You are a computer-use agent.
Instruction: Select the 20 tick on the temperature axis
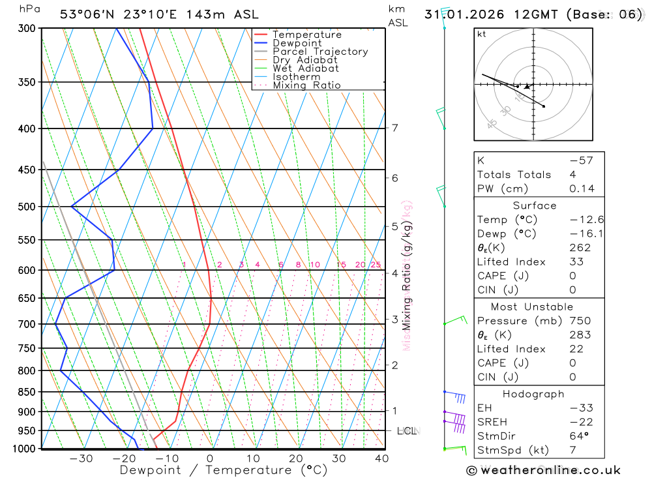pyautogui.click(x=296, y=458)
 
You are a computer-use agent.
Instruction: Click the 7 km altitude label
pyautogui.click(x=394, y=128)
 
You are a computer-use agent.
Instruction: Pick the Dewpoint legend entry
pyautogui.click(x=297, y=43)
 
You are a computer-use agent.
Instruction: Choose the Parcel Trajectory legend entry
pyautogui.click(x=320, y=52)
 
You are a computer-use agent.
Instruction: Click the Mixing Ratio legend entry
pyautogui.click(x=306, y=85)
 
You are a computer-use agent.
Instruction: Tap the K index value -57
pyautogui.click(x=580, y=160)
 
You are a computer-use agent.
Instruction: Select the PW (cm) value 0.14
pyautogui.click(x=582, y=188)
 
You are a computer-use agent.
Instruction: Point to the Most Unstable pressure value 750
pyautogui.click(x=580, y=321)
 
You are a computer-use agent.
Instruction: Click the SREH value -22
pyautogui.click(x=580, y=422)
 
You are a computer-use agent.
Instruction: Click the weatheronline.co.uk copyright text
pyautogui.click(x=543, y=470)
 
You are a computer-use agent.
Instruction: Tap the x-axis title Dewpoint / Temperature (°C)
pyautogui.click(x=224, y=470)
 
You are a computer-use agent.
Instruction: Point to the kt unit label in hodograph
pyautogui.click(x=482, y=34)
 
